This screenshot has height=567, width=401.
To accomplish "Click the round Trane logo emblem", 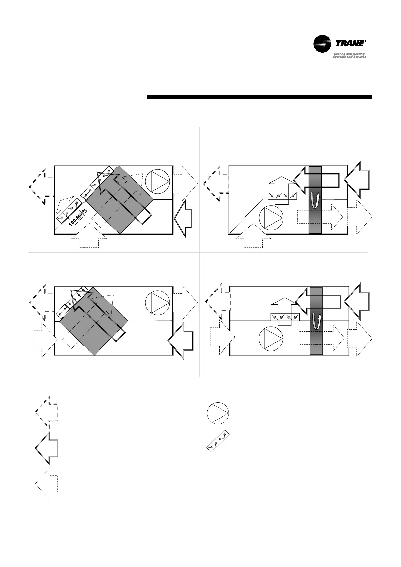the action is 322,44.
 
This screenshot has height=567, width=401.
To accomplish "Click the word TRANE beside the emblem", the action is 350,44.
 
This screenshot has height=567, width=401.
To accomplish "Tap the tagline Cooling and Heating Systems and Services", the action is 349,55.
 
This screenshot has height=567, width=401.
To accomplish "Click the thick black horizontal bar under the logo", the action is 260,97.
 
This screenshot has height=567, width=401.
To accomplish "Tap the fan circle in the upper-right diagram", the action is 271,218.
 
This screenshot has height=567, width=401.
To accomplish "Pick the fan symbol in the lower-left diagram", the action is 158,303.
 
